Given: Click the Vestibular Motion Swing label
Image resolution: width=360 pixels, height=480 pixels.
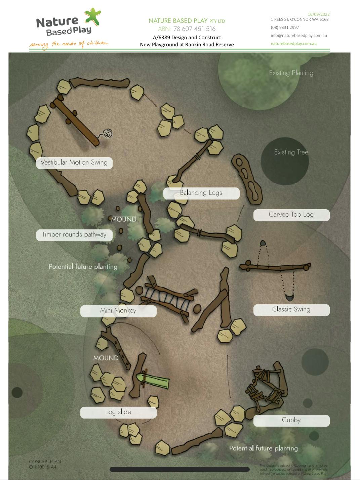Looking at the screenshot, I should [x=74, y=163].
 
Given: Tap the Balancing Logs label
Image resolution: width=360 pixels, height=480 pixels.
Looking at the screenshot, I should [x=201, y=193].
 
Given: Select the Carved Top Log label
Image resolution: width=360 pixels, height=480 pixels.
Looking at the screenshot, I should [x=291, y=215].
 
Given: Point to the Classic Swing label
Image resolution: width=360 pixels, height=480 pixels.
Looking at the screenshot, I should [x=291, y=309].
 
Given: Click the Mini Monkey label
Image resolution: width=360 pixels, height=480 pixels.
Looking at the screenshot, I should [x=118, y=311].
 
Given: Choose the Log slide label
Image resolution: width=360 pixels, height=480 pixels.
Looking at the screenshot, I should [x=118, y=412].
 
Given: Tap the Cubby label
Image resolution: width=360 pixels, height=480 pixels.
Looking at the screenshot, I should [x=291, y=420].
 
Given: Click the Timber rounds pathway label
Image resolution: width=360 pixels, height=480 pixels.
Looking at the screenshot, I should [x=74, y=235].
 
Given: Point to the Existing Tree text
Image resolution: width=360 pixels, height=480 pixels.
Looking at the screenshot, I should [x=291, y=152].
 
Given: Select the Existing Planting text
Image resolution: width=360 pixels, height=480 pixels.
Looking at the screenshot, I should [x=291, y=73].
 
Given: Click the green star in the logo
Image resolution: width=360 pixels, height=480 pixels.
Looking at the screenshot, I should [x=93, y=16].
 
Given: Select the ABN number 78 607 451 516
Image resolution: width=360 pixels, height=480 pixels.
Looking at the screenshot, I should [x=194, y=29].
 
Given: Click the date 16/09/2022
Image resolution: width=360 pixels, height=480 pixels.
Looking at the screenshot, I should [x=318, y=14].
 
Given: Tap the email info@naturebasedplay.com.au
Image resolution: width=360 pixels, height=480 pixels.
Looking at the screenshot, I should [x=298, y=36].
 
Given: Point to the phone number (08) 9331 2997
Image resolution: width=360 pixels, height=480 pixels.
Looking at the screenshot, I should [x=285, y=28].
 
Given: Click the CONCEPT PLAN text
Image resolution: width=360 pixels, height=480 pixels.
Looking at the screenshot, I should [x=45, y=462].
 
